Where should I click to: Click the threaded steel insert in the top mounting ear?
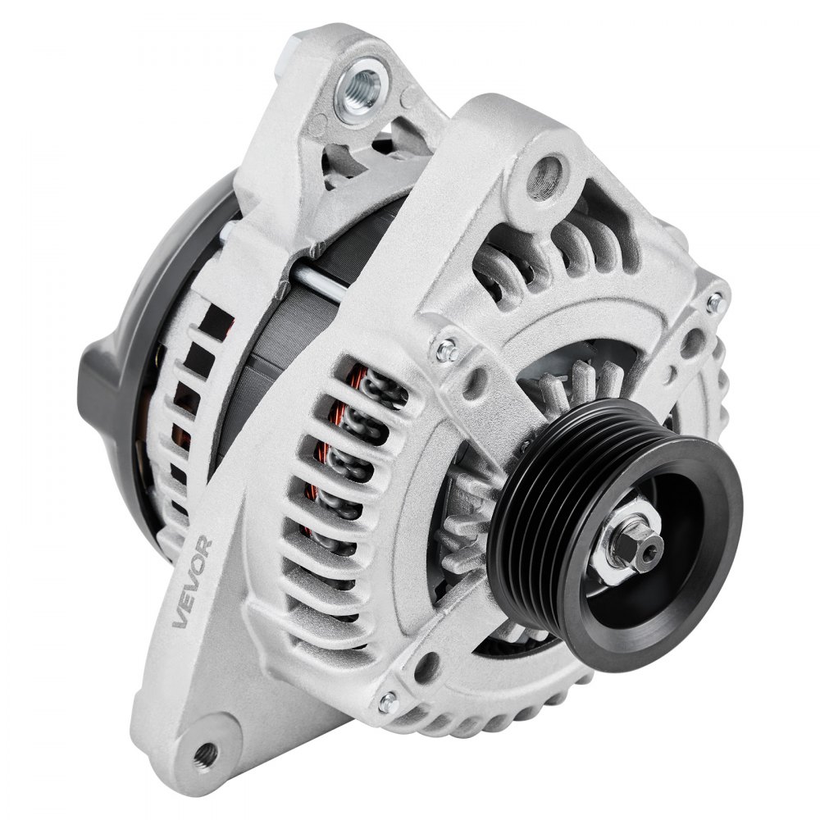[x=362, y=84]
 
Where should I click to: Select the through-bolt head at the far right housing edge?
[x=715, y=302]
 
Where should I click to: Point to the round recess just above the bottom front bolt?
[x=426, y=667]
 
